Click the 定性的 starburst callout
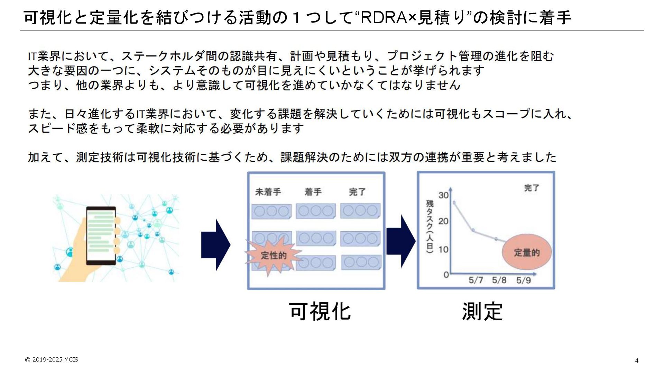[273, 256]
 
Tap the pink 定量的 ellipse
[526, 252]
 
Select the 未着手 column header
[268, 192]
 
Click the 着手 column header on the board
[313, 192]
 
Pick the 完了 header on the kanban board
[357, 192]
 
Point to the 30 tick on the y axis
[443, 195]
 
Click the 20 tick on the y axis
[443, 221]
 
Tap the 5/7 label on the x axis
[476, 280]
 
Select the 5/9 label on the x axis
[523, 280]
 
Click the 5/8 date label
[499, 280]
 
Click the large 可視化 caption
[320, 311]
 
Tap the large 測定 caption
[482, 311]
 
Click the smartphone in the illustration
[101, 235]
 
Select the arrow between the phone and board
[215, 244]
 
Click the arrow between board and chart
[401, 241]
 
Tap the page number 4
[637, 360]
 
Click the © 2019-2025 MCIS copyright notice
[52, 359]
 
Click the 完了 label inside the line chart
[532, 188]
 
